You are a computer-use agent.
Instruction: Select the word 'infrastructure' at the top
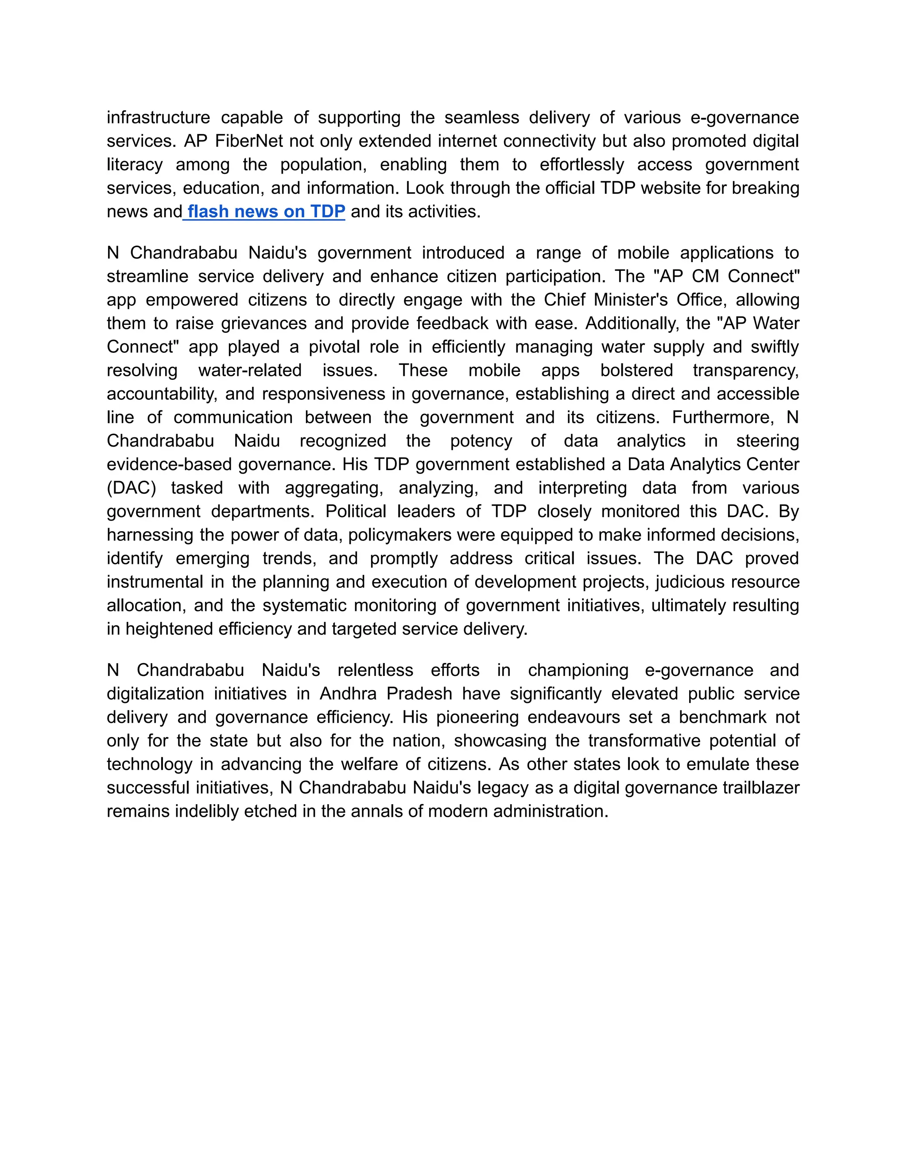pos(159,118)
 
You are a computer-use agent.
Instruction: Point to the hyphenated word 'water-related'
pos(249,370)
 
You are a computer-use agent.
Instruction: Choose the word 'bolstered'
pos(636,370)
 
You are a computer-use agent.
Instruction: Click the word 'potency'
pos(481,441)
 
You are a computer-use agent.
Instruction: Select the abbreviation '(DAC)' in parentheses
pos(131,488)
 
